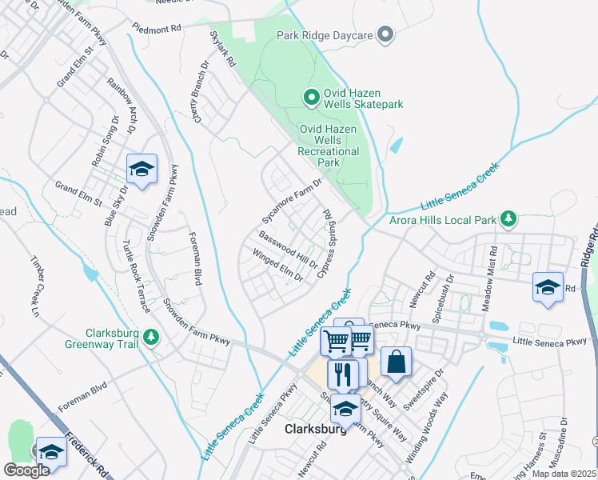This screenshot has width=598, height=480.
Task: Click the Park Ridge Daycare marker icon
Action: pos(386,34)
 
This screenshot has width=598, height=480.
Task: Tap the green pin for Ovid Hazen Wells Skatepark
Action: pos(312,98)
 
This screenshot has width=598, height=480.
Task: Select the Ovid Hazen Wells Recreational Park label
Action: pos(329,145)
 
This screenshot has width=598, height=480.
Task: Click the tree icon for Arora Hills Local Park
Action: pos(507,218)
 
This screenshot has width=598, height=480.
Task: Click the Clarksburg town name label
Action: pos(316,429)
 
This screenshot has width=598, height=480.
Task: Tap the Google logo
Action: pos(26,470)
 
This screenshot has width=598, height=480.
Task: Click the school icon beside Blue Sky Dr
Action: pos(142,169)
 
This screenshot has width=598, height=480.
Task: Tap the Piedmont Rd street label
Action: pos(157,27)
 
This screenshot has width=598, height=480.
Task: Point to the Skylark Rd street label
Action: pos(223,49)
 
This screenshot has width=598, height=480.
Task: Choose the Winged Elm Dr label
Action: pos(277,266)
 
